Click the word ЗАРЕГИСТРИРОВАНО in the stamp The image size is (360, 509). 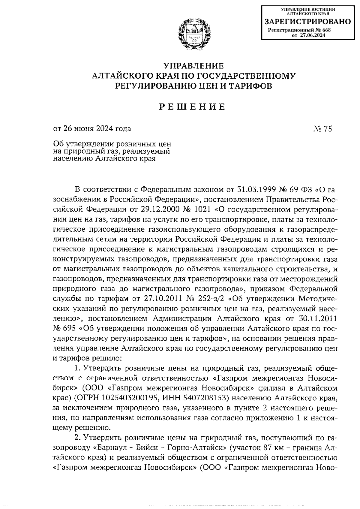click(x=307, y=22)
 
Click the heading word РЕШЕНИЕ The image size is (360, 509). click(x=192, y=107)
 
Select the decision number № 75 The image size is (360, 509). click(x=322, y=129)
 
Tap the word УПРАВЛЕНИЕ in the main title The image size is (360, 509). click(x=193, y=66)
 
